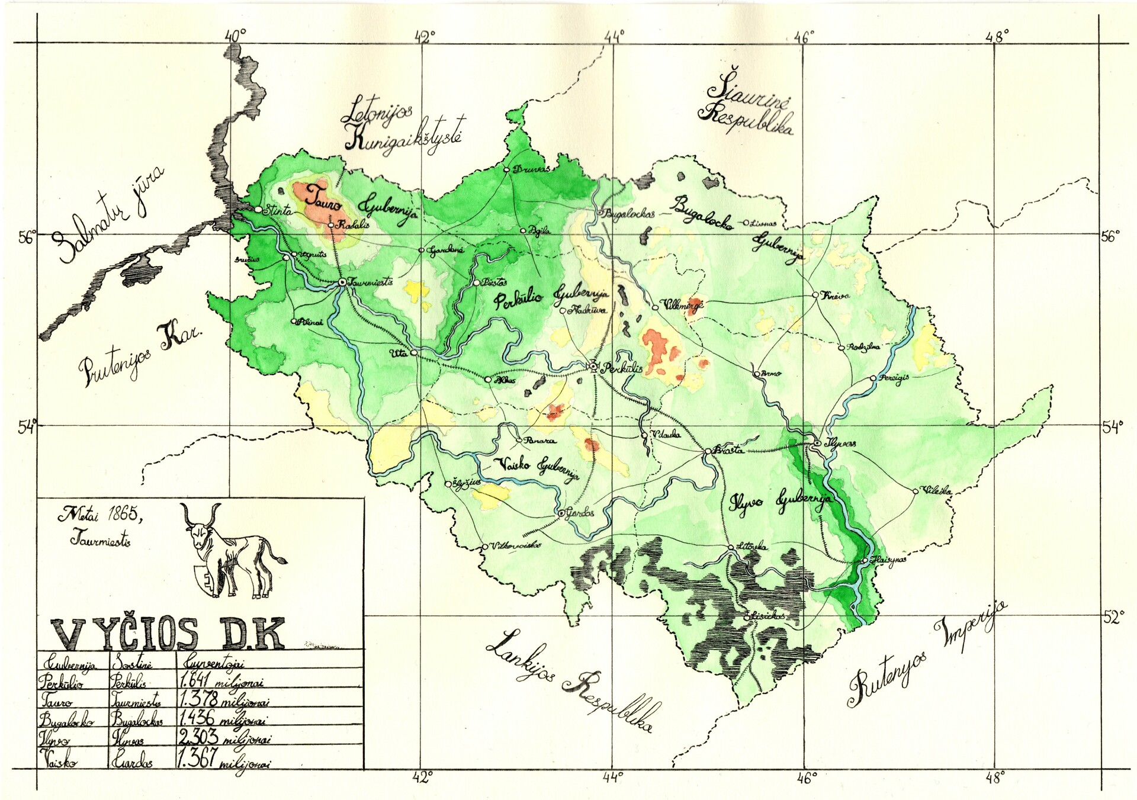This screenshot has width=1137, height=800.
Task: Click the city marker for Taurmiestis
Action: tap(342, 282)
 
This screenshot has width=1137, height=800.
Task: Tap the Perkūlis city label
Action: tap(621, 368)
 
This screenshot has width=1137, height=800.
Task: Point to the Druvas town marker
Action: tap(507, 170)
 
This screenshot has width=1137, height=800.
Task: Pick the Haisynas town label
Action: tap(888, 560)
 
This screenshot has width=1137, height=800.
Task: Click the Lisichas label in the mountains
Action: tap(768, 616)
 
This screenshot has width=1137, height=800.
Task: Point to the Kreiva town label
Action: tap(835, 295)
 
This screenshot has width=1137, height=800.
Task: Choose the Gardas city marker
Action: tap(561, 513)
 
